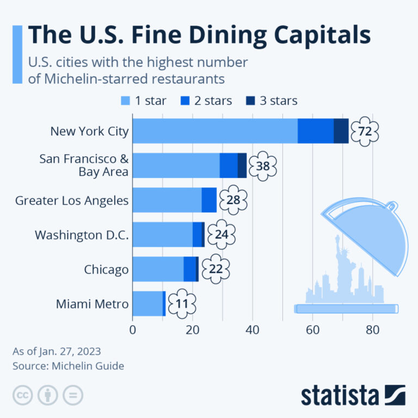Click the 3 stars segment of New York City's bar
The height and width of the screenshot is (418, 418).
[341, 131]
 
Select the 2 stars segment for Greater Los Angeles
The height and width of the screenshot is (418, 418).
[209, 200]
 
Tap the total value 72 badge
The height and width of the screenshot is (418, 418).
[364, 131]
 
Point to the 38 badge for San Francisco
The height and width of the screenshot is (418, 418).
[263, 165]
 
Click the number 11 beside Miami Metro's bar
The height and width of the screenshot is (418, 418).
[181, 304]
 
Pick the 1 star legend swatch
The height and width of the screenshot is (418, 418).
[125, 100]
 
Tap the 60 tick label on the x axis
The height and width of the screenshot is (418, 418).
[312, 330]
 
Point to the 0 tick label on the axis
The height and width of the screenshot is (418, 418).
[133, 330]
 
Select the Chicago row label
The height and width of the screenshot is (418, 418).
[106, 269]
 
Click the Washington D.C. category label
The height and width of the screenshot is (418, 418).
[82, 235]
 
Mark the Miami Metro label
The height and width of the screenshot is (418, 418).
[92, 304]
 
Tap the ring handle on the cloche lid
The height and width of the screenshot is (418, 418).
[390, 205]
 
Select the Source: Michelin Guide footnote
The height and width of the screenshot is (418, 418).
[69, 366]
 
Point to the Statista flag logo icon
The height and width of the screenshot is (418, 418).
[395, 395]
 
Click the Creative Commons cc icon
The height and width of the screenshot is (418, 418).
[23, 395]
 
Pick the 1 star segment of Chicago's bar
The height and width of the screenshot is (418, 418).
[158, 269]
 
